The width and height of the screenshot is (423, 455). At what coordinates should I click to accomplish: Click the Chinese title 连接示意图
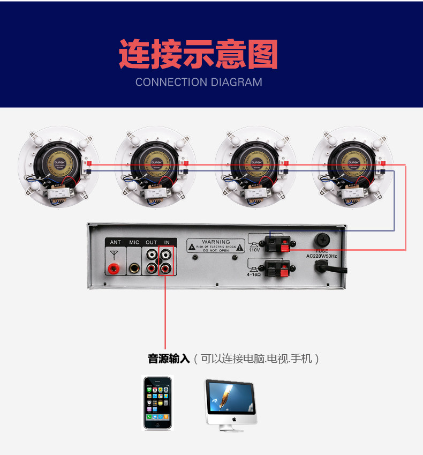click(x=198, y=54)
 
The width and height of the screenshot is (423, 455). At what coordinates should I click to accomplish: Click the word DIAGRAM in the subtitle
click(x=236, y=83)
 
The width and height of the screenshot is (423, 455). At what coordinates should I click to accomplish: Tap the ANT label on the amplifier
click(x=115, y=243)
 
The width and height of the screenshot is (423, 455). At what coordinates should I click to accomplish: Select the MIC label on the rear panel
click(x=134, y=243)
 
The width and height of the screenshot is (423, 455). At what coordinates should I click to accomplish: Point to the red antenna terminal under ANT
click(x=114, y=268)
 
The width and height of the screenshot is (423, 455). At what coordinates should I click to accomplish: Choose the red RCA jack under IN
click(x=168, y=267)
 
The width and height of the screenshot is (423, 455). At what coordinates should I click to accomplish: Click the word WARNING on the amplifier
click(x=216, y=242)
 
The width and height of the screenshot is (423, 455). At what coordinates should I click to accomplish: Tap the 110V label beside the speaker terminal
click(x=254, y=250)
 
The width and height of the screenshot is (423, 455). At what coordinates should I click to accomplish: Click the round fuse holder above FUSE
click(x=321, y=239)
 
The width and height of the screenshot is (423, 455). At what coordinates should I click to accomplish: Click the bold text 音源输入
click(x=169, y=359)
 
